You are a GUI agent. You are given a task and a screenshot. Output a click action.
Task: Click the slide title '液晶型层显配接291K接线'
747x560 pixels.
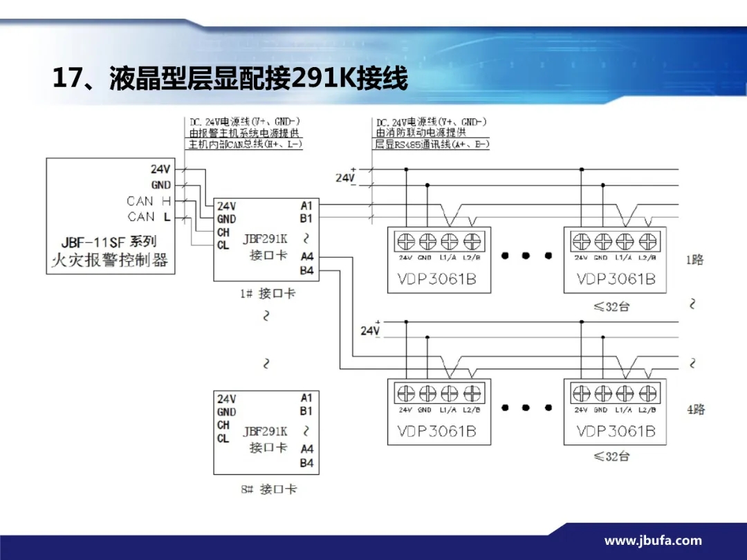point(230,78)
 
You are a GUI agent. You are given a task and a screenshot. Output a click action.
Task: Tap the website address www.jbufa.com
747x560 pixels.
point(653,541)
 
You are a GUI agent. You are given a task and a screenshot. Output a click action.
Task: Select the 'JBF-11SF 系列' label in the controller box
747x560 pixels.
point(109,243)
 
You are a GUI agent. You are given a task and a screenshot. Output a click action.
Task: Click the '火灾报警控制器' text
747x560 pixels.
point(110,261)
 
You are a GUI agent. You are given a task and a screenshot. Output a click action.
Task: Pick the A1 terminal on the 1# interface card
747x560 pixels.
point(306,205)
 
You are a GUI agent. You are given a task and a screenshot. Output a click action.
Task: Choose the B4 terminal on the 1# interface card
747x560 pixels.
point(306,270)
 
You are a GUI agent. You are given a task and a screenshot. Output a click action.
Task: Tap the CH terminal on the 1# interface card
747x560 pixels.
point(223,232)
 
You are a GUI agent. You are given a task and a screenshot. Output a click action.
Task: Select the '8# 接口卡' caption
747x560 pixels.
point(269,489)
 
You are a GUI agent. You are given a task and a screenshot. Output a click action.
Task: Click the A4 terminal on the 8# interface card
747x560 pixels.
point(306,449)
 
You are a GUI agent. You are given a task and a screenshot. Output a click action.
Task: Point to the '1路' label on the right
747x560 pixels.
point(694,260)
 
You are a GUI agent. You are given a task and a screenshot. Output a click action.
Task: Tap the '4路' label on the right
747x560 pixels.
point(695,409)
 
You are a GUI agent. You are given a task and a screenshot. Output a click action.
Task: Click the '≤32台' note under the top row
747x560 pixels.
point(611,306)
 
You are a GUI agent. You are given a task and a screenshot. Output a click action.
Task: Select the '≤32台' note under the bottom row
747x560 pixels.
point(611,456)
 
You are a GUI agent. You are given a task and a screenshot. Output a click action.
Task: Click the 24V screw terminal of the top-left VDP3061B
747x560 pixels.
point(406,241)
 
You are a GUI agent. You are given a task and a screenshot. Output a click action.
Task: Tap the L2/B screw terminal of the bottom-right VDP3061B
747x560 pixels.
point(647,393)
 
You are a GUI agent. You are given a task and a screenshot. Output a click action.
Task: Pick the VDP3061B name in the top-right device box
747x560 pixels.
point(616,279)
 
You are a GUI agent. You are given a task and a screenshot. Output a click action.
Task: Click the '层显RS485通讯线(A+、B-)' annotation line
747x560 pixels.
point(432,144)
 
